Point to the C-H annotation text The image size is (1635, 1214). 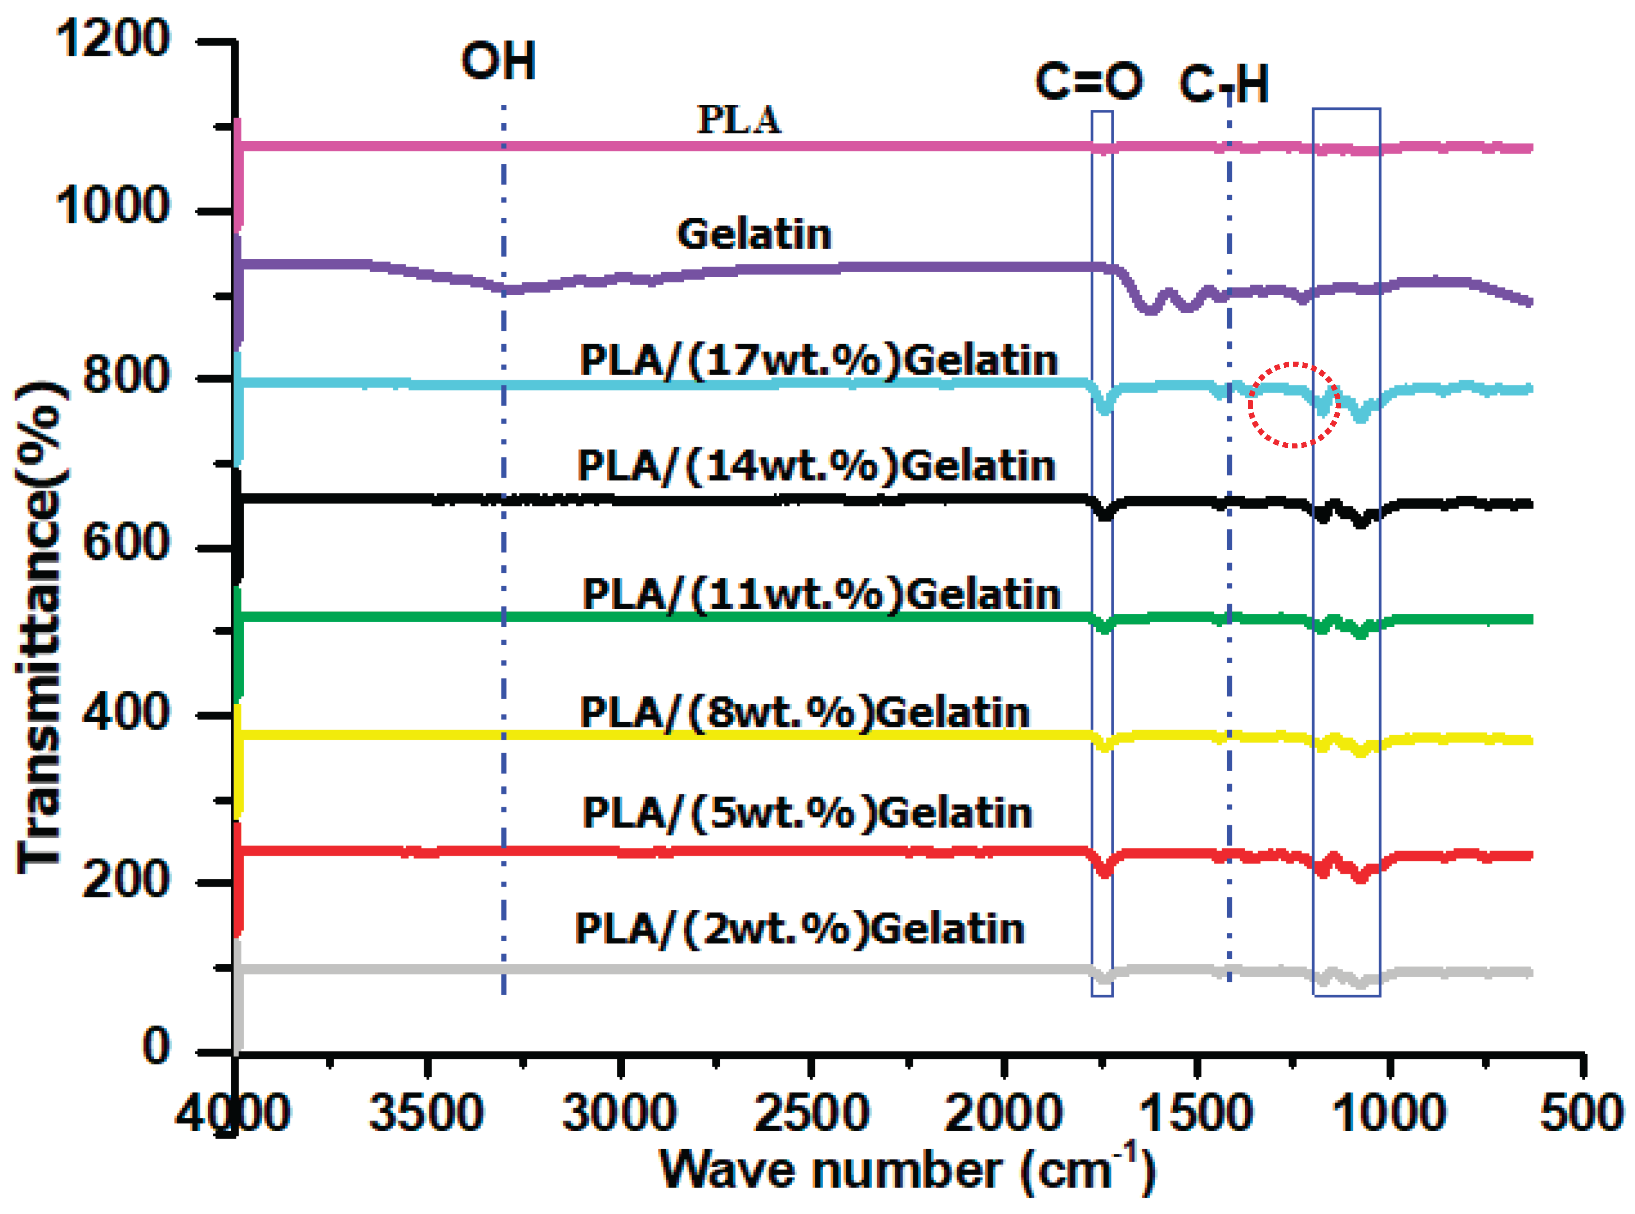(1224, 84)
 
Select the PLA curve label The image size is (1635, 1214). (739, 120)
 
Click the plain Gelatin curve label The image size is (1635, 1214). (754, 234)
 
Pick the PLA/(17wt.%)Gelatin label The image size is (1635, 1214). (819, 360)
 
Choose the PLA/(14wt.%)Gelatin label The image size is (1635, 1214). (816, 465)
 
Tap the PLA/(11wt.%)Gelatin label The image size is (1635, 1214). (821, 594)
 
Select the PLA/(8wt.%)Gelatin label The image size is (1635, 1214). (804, 712)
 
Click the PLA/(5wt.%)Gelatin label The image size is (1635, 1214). (807, 813)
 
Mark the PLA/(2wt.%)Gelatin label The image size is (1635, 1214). (799, 928)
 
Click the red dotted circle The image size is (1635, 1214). (1294, 405)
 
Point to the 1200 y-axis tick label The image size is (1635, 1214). (113, 38)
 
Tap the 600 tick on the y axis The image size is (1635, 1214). (126, 543)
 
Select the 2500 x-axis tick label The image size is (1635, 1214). (812, 1112)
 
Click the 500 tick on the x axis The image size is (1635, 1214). (1581, 1112)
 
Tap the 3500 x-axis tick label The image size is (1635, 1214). (426, 1112)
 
